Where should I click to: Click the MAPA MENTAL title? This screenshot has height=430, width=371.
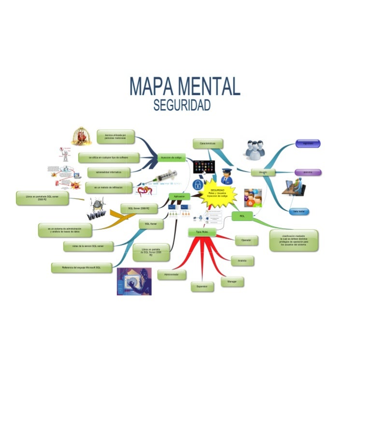coord(185,87)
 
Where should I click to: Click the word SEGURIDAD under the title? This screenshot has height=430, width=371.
coord(182,105)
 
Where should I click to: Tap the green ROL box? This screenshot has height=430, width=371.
coord(242,216)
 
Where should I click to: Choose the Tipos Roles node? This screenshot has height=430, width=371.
coord(201,233)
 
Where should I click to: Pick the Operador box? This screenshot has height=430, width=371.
coord(246,239)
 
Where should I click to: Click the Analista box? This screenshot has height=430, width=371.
coord(243,261)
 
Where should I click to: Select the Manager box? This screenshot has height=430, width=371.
coord(232,281)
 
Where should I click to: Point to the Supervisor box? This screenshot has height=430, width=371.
coord(202,287)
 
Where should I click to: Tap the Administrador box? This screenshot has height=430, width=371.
coord(171,275)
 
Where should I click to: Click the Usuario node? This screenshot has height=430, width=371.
coord(263,172)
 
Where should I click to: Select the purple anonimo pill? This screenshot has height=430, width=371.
coord(308,172)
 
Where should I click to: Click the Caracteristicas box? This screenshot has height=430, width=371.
coord(208,143)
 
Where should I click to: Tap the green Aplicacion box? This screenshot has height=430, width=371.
coord(179,196)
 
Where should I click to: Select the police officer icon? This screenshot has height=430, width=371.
coord(226,177)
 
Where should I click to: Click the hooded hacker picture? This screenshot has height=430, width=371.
coord(134,281)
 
